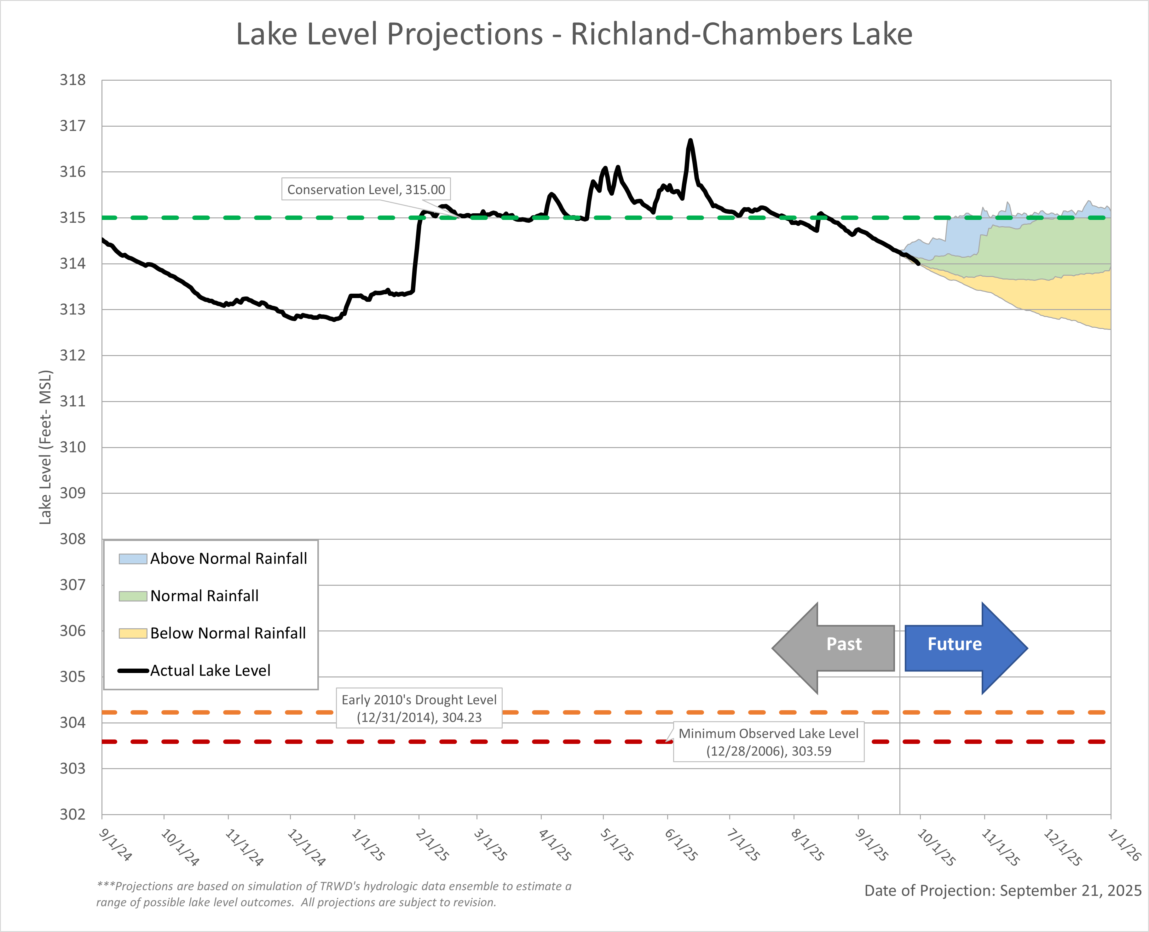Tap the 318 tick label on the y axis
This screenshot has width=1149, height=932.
(x=72, y=80)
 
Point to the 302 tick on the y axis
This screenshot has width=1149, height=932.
(x=72, y=814)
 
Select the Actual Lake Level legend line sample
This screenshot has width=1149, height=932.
(x=133, y=670)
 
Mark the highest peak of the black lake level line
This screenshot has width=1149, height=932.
(x=690, y=141)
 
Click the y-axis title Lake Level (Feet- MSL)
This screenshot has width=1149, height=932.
(x=46, y=447)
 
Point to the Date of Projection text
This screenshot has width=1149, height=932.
(x=1002, y=891)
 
